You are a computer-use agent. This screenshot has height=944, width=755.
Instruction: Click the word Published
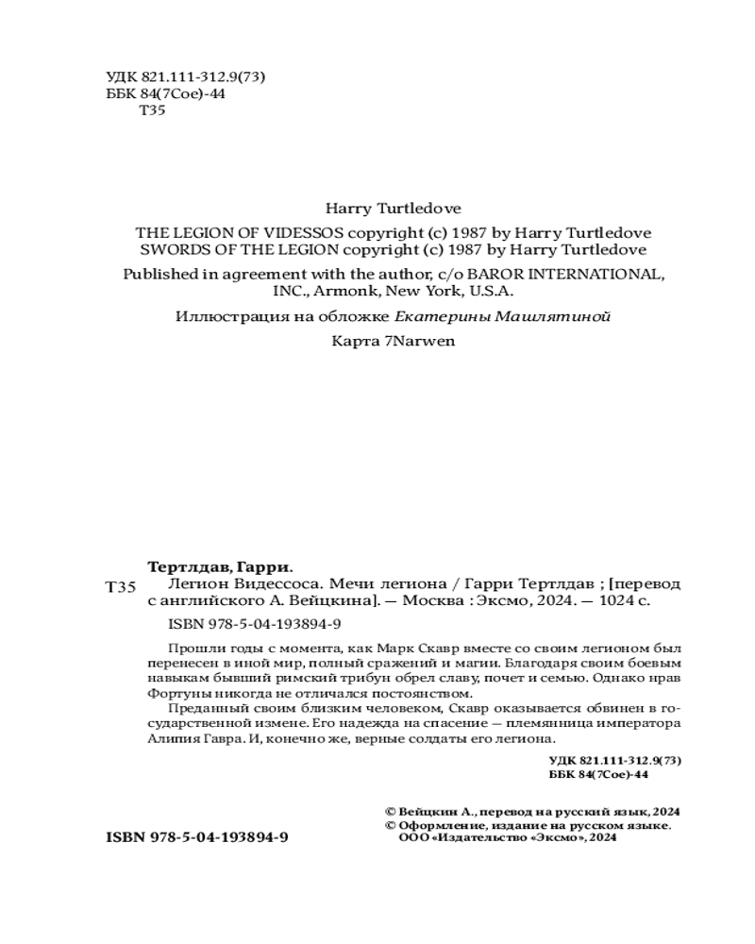(x=169, y=274)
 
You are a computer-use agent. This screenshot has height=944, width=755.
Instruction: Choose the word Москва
(x=450, y=600)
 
